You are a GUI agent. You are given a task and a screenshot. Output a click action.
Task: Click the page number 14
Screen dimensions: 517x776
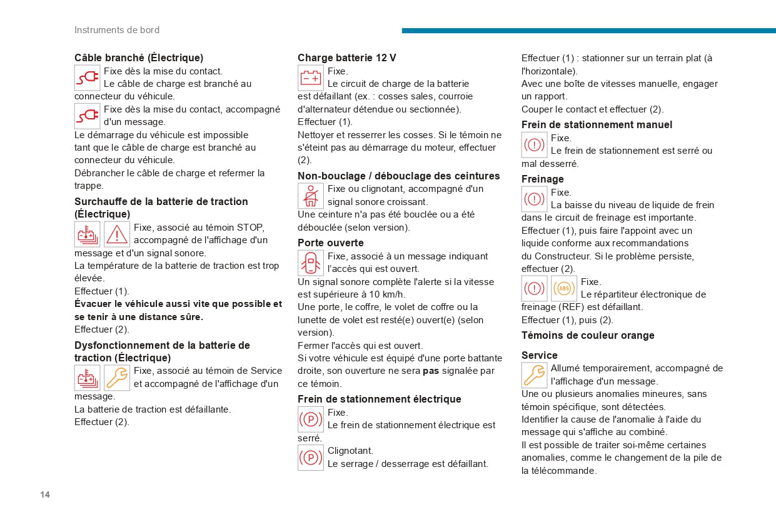(45, 495)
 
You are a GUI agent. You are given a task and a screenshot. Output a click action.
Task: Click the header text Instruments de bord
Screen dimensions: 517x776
(117, 30)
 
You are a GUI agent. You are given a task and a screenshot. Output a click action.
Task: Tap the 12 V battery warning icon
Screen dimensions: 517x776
(311, 78)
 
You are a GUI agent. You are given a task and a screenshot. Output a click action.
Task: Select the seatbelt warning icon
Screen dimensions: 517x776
(311, 196)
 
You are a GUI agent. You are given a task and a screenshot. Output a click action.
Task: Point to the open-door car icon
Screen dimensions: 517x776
(311, 263)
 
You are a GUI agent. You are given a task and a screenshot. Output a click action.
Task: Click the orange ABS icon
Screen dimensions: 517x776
(564, 288)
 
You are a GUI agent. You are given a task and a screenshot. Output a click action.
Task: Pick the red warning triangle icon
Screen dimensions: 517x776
(117, 234)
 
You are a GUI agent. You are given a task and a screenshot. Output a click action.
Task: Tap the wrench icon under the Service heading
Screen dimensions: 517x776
(534, 375)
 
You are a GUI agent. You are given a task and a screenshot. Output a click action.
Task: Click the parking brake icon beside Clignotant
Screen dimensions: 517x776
(311, 458)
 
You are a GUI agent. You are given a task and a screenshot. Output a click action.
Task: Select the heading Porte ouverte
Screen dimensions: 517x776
(330, 243)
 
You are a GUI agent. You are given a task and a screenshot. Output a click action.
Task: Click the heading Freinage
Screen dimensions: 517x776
(542, 179)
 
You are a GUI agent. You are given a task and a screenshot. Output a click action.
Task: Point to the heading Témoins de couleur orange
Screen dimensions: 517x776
(588, 336)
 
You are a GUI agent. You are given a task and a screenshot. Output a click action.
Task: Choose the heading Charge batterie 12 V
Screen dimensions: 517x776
(346, 58)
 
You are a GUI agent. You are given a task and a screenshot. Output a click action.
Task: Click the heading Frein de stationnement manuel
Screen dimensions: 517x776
(597, 125)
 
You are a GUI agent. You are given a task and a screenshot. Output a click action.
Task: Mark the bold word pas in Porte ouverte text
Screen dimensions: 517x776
(431, 371)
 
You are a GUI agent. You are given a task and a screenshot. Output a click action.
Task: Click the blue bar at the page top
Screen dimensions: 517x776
(588, 31)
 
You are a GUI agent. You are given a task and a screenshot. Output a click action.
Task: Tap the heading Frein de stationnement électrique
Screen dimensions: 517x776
(379, 399)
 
